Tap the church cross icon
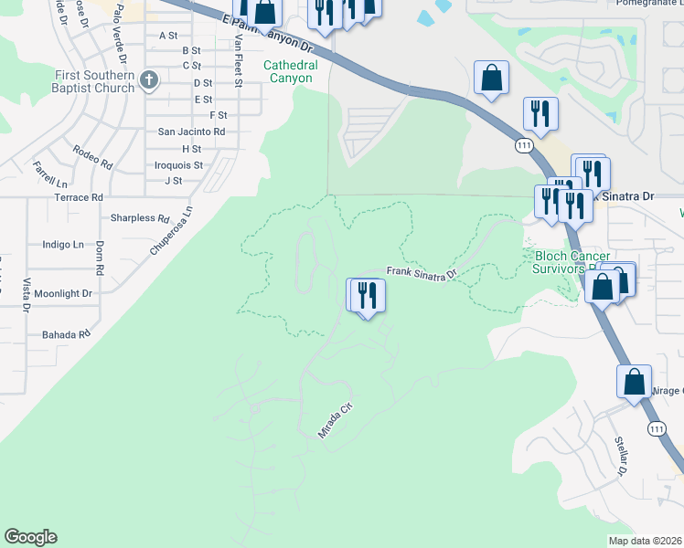pos(148,81)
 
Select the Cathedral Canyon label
pos(290,71)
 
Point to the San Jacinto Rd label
pos(191,132)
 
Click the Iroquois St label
pos(178,165)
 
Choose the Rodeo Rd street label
pos(92,157)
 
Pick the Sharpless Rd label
pos(140,218)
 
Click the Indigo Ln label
pos(63,245)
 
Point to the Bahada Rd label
pos(66,335)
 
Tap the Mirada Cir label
pos(335,423)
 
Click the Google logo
pos(30,537)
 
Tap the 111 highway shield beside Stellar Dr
pos(656,428)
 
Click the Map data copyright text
pos(646,541)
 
